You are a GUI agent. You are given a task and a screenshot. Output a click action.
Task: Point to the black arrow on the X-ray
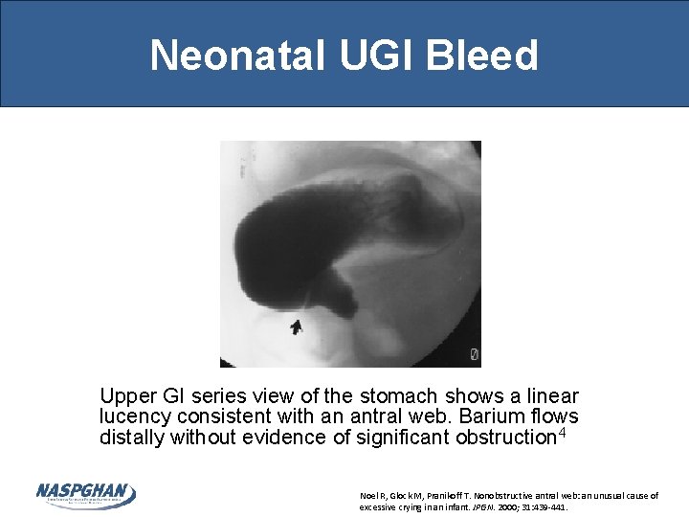click(x=296, y=327)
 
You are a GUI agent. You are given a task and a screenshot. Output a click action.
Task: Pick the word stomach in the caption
click(x=399, y=396)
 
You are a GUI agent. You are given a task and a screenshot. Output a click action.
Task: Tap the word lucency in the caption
click(x=132, y=417)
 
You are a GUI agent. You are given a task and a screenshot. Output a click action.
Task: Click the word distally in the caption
click(x=128, y=438)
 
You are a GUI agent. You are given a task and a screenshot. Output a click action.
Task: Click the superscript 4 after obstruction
click(x=563, y=433)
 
